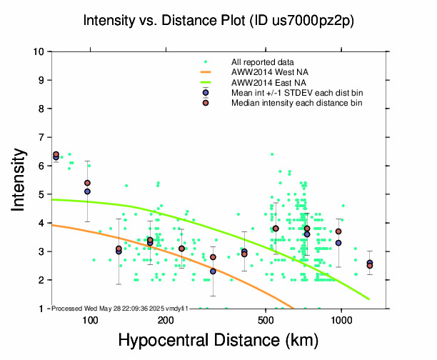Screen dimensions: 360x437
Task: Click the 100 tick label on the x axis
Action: pyautogui.click(x=90, y=320)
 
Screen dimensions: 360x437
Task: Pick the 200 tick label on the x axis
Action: pyautogui.click(x=166, y=320)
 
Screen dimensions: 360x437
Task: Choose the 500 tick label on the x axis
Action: pyautogui.click(x=266, y=320)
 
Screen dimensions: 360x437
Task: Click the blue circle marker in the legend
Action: pyautogui.click(x=206, y=93)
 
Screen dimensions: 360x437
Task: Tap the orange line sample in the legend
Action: pyautogui.click(x=206, y=72)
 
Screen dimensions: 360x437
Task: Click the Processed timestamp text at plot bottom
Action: pyautogui.click(x=120, y=308)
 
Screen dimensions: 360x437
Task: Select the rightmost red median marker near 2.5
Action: pyautogui.click(x=370, y=266)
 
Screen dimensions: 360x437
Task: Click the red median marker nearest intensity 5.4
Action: pyautogui.click(x=87, y=183)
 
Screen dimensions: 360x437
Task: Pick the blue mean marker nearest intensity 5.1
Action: pyautogui.click(x=87, y=191)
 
